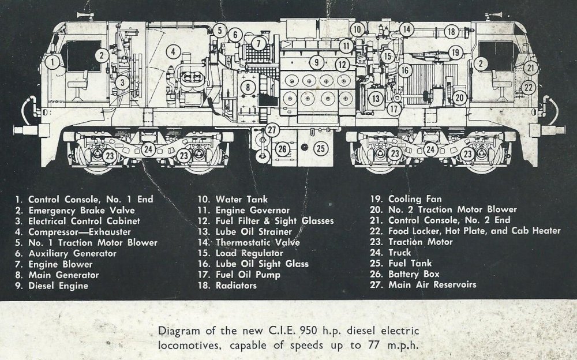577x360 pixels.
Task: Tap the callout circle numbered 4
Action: (171, 52)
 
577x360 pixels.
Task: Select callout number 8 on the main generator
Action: (248, 87)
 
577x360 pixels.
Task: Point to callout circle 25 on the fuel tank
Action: (321, 148)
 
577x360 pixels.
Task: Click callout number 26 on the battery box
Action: (282, 149)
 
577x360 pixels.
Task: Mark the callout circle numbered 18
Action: (452, 32)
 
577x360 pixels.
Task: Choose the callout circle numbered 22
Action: (528, 87)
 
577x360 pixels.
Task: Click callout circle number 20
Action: (459, 98)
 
